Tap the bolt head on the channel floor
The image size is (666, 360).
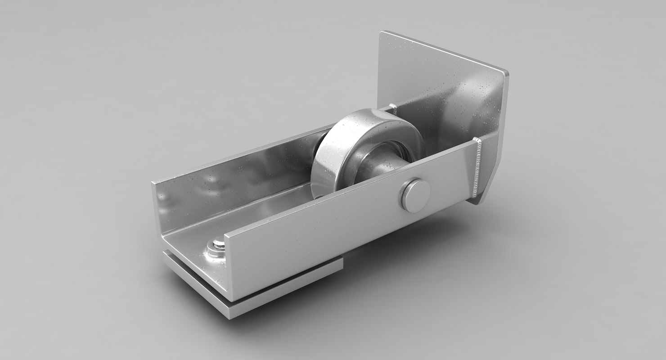pos(218,245)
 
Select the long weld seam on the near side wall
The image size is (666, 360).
pos(478,169)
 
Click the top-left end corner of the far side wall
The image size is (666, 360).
pos(153,183)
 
